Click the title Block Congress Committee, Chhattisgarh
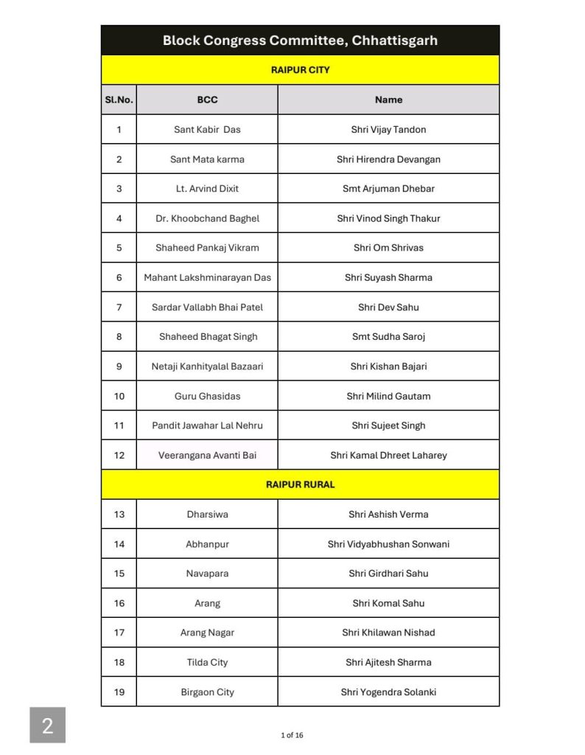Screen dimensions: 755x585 tap(300, 41)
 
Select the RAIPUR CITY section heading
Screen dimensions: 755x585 tap(300, 70)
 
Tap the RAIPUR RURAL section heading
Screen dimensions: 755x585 tap(300, 484)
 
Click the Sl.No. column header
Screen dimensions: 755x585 tap(119, 100)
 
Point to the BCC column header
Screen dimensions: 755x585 tap(207, 100)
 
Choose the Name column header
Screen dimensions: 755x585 tap(388, 100)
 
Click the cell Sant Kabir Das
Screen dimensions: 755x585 tap(207, 130)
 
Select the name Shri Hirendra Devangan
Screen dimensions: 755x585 tap(388, 159)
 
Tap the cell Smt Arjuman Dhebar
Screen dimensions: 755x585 tap(388, 189)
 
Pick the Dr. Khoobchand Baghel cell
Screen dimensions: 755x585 tap(207, 218)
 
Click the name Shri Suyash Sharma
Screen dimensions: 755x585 tap(388, 278)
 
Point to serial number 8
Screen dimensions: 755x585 tap(119, 337)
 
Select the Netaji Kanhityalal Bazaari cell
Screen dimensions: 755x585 tap(207, 366)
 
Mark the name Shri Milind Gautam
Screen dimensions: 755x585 tap(388, 396)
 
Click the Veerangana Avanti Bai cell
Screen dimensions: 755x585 tap(207, 455)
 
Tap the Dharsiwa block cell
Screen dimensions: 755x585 tap(207, 515)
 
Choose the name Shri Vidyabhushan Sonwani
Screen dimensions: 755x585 tap(388, 544)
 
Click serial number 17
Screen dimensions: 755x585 tap(119, 633)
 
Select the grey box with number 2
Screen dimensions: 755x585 tap(47, 726)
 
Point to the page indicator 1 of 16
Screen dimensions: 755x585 tap(292, 735)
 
